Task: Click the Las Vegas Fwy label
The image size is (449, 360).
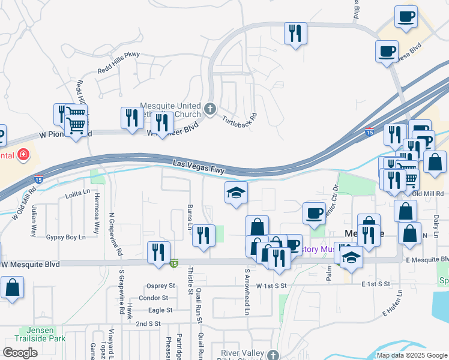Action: (198, 166)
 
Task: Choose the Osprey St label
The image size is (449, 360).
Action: (161, 286)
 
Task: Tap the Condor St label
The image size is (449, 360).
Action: (158, 298)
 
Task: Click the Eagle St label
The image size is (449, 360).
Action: (160, 310)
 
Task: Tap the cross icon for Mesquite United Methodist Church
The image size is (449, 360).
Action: (209, 109)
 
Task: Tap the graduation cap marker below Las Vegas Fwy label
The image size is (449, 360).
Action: (236, 194)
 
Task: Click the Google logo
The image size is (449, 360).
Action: (20, 353)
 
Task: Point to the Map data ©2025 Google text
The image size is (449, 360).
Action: (412, 355)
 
